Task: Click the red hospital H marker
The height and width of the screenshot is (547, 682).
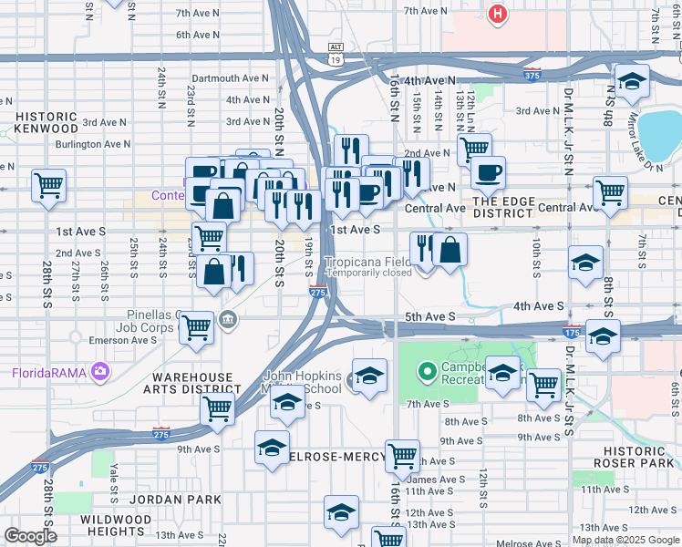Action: [x=497, y=15]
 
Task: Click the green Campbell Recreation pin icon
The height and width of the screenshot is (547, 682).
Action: [x=426, y=372]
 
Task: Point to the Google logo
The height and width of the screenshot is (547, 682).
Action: [x=29, y=536]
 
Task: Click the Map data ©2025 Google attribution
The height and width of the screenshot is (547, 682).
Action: [x=625, y=540]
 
